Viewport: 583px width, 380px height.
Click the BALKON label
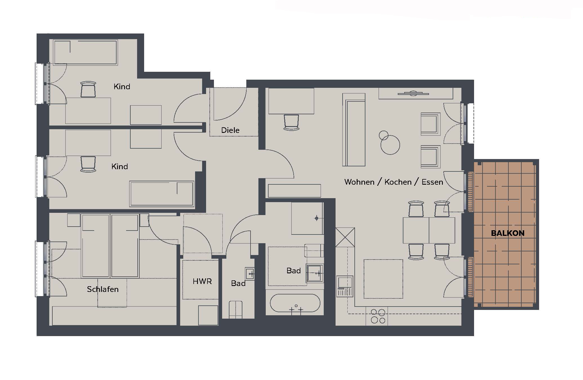pos(508,233)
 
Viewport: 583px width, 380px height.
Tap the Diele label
pos(230,130)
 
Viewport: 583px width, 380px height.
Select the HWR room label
pos(202,281)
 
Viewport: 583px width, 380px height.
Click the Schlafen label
pos(103,289)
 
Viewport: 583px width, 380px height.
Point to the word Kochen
pos(398,182)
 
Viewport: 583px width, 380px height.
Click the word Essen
pos(432,182)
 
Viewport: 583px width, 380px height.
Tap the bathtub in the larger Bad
pos(295,303)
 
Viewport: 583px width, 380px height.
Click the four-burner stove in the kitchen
pos(378,316)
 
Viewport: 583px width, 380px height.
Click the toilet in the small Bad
pos(236,310)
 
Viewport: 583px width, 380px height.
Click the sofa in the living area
pos(354,130)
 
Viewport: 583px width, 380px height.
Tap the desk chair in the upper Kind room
pos(88,90)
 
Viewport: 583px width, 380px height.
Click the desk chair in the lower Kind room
pos(88,164)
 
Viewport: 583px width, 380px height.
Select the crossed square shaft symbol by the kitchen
pos(345,237)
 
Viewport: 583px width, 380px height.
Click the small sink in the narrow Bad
pos(250,274)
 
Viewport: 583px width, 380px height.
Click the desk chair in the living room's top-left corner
pos(291,122)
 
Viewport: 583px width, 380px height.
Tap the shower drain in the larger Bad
pos(317,218)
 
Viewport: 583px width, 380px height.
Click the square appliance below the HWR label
pos(208,315)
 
